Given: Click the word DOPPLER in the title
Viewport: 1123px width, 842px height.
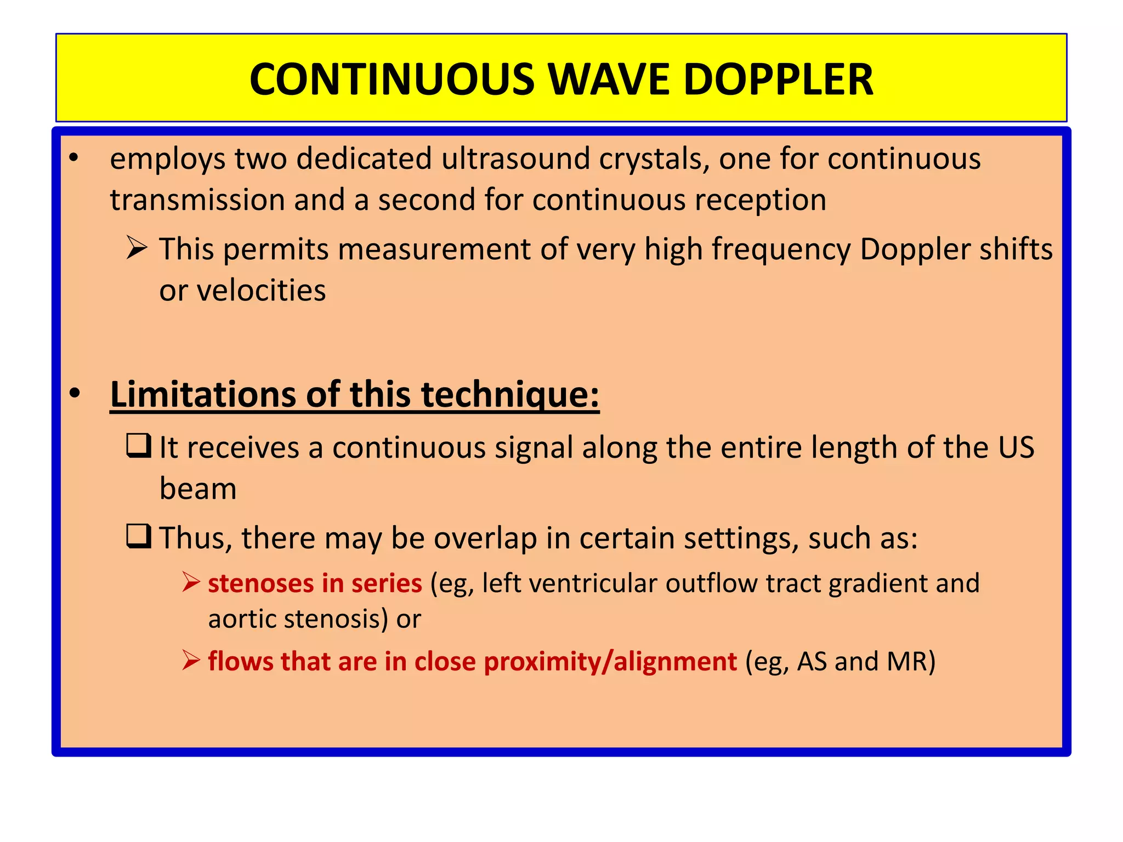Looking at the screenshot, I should [x=778, y=79].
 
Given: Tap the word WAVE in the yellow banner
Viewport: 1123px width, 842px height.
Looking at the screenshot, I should [x=609, y=79].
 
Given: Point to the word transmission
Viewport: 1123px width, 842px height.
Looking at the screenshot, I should [x=197, y=200].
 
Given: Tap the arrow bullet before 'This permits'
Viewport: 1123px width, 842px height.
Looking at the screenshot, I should [x=136, y=247].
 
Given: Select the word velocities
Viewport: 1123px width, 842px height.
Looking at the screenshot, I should [x=262, y=291].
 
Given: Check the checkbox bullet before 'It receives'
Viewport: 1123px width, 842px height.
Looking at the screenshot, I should [x=138, y=445].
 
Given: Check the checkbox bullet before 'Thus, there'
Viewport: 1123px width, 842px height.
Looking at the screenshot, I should [x=138, y=536].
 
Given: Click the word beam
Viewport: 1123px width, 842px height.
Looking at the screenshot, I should [x=198, y=489].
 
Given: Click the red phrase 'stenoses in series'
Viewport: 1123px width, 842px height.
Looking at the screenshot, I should [x=315, y=583].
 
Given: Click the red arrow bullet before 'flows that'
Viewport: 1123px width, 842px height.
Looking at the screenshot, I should [x=191, y=661].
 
